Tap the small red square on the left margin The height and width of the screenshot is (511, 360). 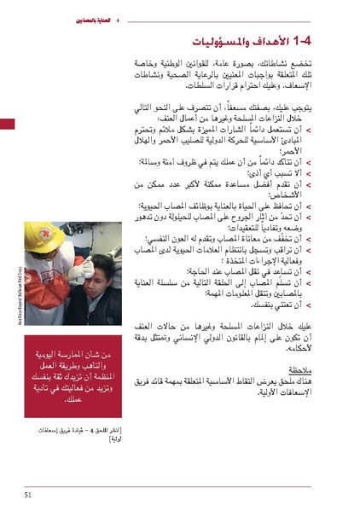(x=7, y=125)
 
